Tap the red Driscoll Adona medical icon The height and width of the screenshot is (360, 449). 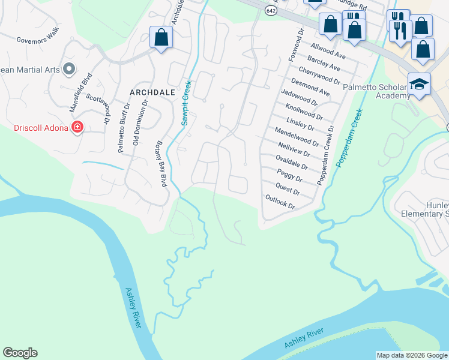(x=77, y=127)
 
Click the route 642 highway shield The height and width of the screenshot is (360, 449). (x=271, y=11)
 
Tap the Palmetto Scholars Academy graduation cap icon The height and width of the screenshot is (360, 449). (x=419, y=84)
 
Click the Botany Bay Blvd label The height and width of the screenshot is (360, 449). (x=160, y=164)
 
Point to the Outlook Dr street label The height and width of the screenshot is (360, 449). (x=280, y=202)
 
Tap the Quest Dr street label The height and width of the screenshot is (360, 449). (x=288, y=189)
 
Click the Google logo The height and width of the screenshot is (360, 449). (x=20, y=353)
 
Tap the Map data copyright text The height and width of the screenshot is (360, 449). (x=412, y=355)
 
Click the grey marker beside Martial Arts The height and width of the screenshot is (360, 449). (x=68, y=70)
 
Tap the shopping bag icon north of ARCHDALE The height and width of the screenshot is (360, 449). (x=161, y=37)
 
